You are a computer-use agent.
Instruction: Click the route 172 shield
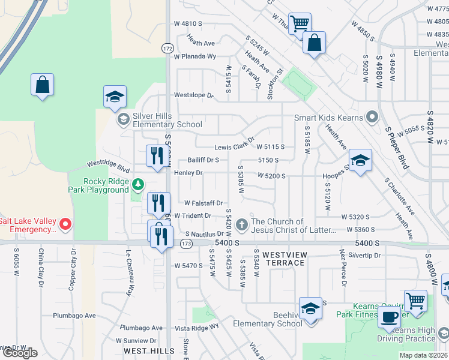[167, 47]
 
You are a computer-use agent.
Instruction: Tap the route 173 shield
[186, 243]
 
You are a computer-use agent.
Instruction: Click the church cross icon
[242, 225]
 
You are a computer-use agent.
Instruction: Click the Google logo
[20, 353]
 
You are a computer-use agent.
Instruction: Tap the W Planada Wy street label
[194, 56]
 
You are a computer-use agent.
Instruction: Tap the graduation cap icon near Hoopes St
[360, 161]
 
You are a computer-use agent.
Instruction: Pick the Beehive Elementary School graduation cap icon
[311, 309]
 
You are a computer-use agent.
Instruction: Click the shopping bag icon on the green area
[42, 85]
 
